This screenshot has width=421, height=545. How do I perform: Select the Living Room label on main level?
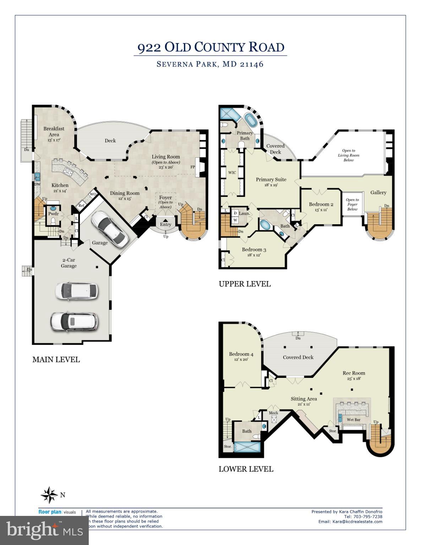coord(166,157)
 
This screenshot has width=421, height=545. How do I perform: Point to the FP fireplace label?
coord(193,167)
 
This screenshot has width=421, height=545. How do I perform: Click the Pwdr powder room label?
coord(53,214)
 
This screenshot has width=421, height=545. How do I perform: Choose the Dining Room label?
coord(125,193)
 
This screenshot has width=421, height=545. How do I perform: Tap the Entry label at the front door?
coord(165,224)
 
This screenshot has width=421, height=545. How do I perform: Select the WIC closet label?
coord(232,173)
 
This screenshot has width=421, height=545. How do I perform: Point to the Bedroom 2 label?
coord(321,204)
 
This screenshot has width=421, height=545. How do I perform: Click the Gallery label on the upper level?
coord(378,192)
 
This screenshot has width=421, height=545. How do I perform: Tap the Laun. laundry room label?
coord(244,214)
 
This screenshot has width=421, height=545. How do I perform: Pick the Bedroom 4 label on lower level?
coord(241,354)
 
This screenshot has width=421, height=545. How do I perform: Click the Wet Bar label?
coord(353,420)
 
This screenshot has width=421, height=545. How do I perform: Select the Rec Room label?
coord(354,373)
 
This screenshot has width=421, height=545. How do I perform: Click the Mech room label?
coord(273,413)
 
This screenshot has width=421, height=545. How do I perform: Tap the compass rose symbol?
coord(49,495)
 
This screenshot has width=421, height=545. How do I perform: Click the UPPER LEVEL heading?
coord(245,284)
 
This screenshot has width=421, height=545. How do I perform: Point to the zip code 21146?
coord(251,64)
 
